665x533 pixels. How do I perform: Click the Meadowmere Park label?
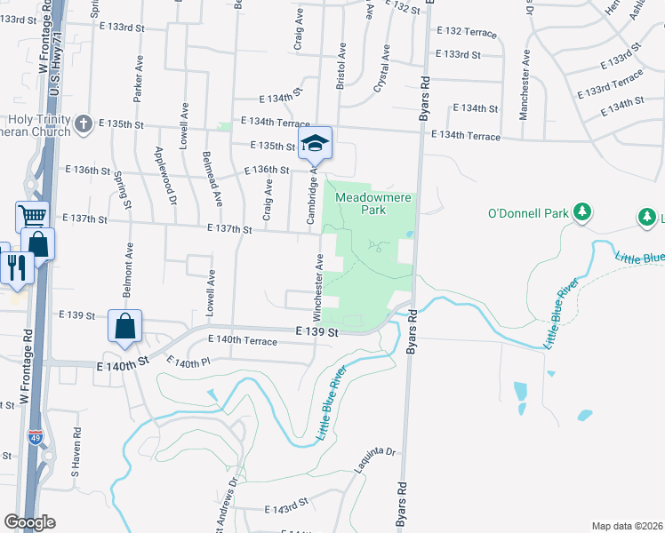coord(373,203)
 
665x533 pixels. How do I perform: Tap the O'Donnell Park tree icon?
coord(582,211)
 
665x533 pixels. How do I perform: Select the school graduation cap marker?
coord(315,142)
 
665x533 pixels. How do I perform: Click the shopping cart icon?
coord(32,216)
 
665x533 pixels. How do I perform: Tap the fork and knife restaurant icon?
coord(17,266)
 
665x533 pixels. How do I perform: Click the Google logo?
coord(29,522)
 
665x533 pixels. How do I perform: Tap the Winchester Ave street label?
coord(317,285)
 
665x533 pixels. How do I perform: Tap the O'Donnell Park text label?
coord(526,213)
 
